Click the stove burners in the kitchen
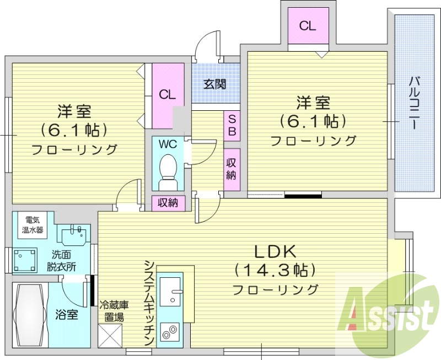pyautogui.click(x=169, y=332)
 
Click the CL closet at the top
pyautogui.click(x=308, y=26)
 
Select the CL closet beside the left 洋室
pyautogui.click(x=168, y=94)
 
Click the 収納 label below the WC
pyautogui.click(x=168, y=203)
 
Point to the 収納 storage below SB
pyautogui.click(x=232, y=170)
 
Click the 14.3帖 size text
pyautogui.click(x=275, y=270)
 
